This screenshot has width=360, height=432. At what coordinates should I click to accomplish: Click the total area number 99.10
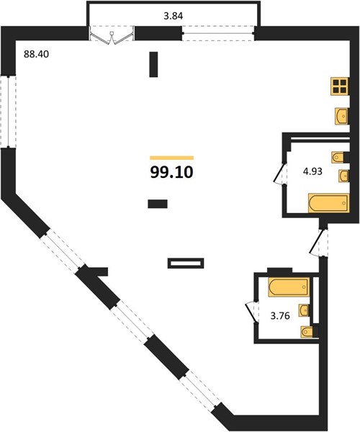click(x=171, y=173)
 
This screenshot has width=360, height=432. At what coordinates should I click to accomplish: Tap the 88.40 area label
click(x=36, y=54)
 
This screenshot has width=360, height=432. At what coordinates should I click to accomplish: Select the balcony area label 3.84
click(x=174, y=16)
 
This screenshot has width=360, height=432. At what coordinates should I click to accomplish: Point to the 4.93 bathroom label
click(x=312, y=171)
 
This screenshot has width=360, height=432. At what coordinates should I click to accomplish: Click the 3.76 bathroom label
click(x=280, y=316)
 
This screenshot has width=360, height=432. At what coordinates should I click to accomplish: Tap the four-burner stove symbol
click(x=340, y=86)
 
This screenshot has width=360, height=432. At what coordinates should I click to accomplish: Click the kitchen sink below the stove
click(x=341, y=116)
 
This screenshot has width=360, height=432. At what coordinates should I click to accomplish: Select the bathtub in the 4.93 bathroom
click(x=328, y=203)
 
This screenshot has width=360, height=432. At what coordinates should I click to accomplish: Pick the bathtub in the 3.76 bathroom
click(x=288, y=287)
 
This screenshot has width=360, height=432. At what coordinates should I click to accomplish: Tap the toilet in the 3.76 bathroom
click(x=309, y=332)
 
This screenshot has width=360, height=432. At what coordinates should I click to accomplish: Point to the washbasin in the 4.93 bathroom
click(x=343, y=176)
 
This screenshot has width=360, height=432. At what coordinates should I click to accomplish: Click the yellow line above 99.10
click(x=171, y=158)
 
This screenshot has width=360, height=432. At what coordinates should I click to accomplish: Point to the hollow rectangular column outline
click(x=186, y=263)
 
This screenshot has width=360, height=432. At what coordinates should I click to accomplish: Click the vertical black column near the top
click(x=153, y=65)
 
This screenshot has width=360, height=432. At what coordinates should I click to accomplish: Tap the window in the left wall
click(x=8, y=112)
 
